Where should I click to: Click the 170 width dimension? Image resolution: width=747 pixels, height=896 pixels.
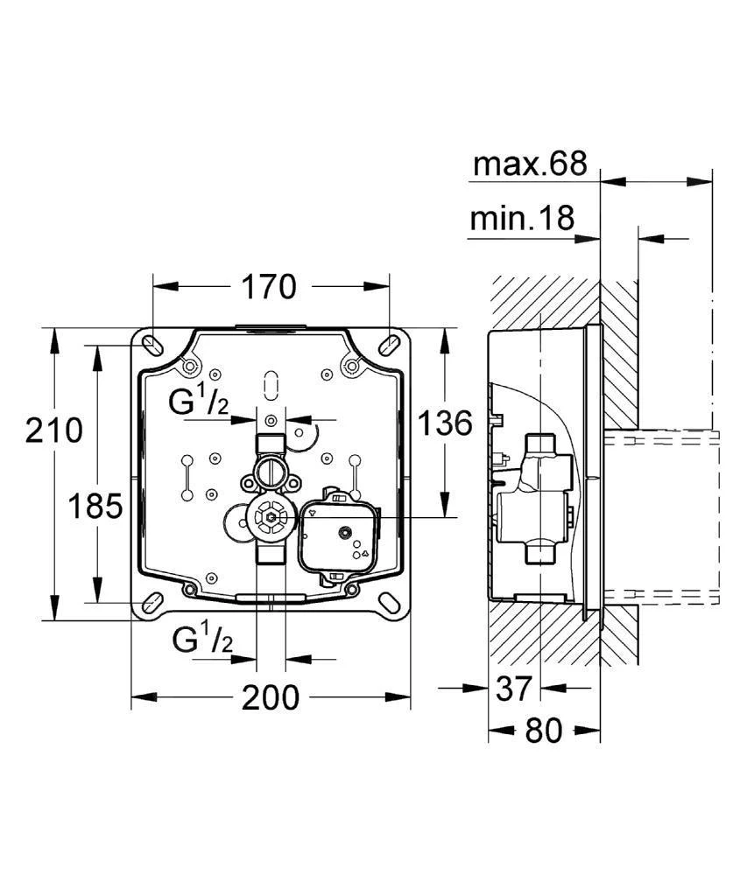click(x=271, y=286)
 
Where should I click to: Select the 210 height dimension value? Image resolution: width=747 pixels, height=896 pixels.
click(x=53, y=430)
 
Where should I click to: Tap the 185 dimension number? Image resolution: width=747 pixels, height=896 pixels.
click(x=95, y=505)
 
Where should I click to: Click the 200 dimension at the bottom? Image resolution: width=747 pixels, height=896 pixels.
click(x=271, y=697)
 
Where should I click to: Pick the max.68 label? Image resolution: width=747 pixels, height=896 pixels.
click(x=529, y=164)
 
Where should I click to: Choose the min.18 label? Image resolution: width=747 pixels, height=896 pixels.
click(x=522, y=218)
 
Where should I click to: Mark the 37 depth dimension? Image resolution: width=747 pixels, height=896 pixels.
click(x=513, y=688)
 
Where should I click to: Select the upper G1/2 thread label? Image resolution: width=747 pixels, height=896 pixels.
click(x=201, y=403)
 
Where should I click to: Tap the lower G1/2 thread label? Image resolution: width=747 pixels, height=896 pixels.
click(x=202, y=640)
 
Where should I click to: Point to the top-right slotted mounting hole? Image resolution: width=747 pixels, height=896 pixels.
click(x=389, y=343)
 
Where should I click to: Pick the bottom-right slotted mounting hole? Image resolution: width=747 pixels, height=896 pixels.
click(x=390, y=603)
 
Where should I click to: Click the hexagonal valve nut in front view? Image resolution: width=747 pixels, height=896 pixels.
click(x=271, y=518)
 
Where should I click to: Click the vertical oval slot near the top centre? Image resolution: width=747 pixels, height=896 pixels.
click(x=271, y=383)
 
